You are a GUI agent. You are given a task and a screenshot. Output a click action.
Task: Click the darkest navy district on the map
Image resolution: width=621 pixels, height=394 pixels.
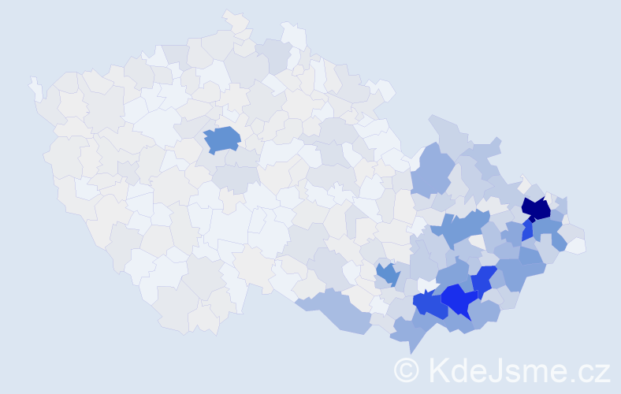coord(537,209)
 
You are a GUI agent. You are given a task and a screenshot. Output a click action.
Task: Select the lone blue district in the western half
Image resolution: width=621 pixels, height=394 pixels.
coord(222,139)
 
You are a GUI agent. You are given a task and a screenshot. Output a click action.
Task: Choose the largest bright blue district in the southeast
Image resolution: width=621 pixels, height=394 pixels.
coord(458,299)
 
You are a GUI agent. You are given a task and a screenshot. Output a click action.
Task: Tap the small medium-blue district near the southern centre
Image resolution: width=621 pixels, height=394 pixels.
coord(387,273)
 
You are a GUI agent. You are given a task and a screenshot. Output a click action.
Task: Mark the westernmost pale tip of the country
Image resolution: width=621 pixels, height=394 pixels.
coord(35,85)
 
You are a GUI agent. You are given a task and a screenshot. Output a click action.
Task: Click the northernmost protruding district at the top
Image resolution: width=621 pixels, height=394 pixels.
coord(234,19)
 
